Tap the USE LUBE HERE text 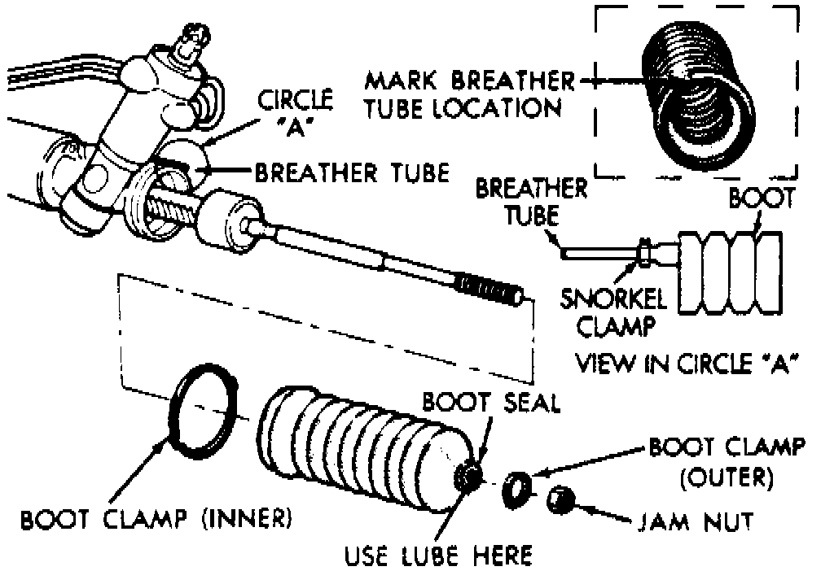pyautogui.click(x=438, y=556)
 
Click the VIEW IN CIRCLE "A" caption pyautogui.click(x=684, y=363)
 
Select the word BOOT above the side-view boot pyautogui.click(x=761, y=200)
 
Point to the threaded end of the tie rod pyautogui.click(x=490, y=290)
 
